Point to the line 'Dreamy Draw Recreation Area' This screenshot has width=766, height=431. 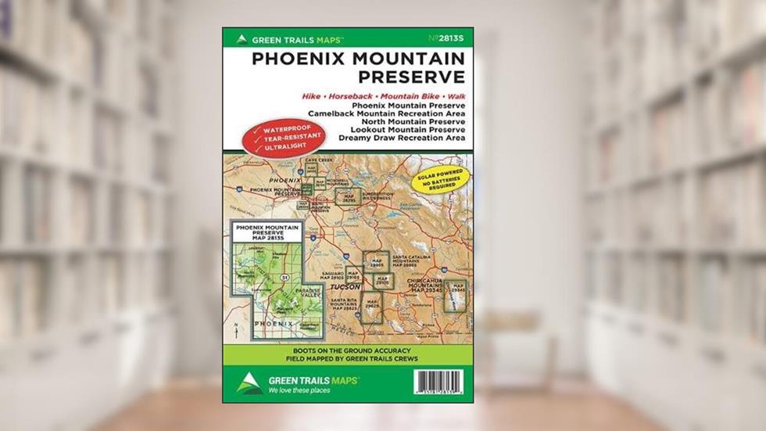pyautogui.click(x=402, y=137)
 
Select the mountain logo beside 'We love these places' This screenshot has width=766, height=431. pyautogui.click(x=249, y=383)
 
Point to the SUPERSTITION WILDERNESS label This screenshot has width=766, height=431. pyautogui.click(x=377, y=195)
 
